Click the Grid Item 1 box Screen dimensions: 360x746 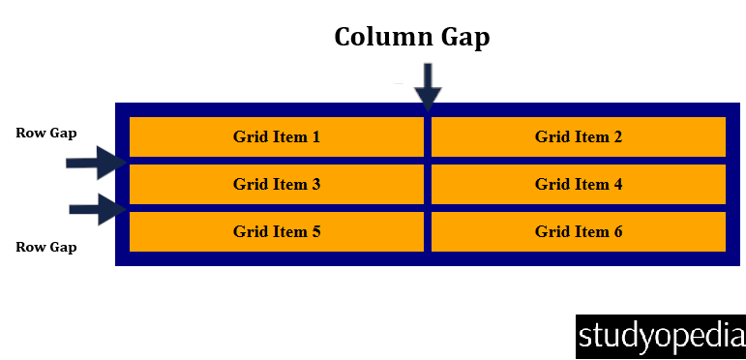coord(277,136)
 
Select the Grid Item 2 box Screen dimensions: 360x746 coord(578,136)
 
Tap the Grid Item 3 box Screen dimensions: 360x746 coord(277,184)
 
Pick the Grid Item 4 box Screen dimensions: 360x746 coord(578,184)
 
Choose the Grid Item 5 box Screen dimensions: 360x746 coord(277,231)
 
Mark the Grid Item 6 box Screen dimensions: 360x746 coord(578,231)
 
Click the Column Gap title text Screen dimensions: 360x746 coord(412,37)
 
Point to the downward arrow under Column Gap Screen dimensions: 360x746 coord(428,86)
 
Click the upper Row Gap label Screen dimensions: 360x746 coord(46,133)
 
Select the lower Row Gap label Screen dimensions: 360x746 coord(46,247)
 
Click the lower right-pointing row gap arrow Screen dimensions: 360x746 coord(98,208)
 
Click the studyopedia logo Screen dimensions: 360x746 coord(662,336)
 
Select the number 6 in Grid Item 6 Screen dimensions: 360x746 coord(617,232)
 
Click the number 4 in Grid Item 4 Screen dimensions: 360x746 coord(617,185)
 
